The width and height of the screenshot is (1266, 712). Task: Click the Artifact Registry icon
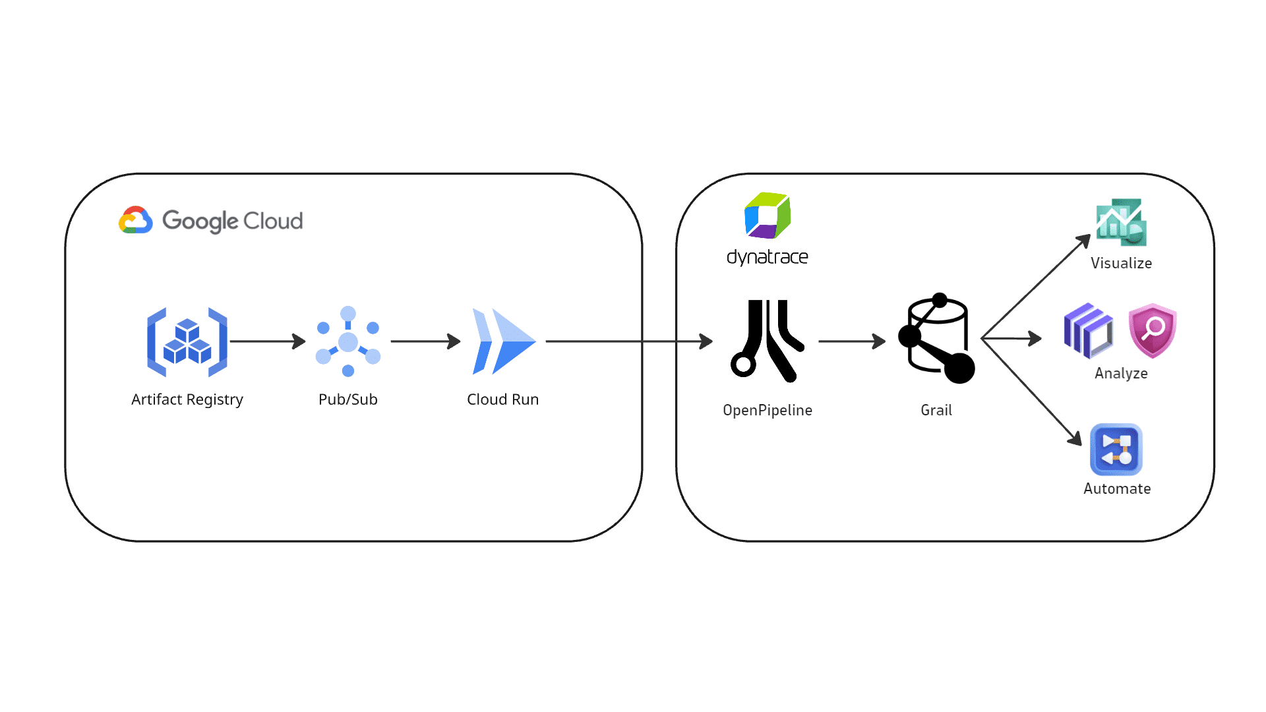187,342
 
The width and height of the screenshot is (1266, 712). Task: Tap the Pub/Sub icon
348,341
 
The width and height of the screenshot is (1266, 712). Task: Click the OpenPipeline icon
768,341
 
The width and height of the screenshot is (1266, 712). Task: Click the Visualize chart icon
1121,223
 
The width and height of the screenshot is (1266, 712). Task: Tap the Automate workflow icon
1116,450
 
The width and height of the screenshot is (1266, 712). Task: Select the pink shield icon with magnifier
1153,331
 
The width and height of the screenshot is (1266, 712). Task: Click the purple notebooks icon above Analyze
1088,331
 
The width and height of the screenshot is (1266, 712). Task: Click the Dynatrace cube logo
768,216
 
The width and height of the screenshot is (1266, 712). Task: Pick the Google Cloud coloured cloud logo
136,220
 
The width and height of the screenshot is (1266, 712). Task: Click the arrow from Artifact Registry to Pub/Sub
268,341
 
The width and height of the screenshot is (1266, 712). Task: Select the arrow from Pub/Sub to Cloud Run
426,341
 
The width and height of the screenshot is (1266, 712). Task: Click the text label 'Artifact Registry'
187,400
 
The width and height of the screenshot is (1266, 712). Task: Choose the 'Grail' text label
936,410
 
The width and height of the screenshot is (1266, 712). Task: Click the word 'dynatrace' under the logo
768,257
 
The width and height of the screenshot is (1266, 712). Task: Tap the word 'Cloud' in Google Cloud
273,221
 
